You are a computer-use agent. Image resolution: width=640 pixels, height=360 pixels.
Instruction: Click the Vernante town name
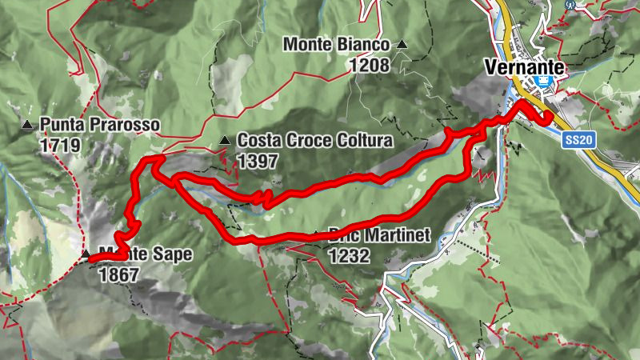524,67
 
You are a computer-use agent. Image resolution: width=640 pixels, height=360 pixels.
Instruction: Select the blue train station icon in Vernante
545,83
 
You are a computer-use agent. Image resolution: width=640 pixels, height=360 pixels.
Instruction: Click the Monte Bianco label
336,46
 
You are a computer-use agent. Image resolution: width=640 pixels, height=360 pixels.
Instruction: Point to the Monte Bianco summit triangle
402,45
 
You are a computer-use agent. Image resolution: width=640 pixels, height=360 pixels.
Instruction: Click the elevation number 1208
368,65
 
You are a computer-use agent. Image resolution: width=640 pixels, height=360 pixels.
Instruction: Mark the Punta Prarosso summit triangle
27,125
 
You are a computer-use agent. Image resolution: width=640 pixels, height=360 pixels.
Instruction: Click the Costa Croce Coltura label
314,142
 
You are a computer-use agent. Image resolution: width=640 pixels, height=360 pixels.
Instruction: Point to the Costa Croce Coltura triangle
225,142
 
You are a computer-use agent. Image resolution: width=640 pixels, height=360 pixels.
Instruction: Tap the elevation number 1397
257,161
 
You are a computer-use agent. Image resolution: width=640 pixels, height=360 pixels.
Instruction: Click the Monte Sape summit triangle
85,254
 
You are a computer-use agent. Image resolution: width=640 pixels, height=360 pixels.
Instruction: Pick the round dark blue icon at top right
569,3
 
